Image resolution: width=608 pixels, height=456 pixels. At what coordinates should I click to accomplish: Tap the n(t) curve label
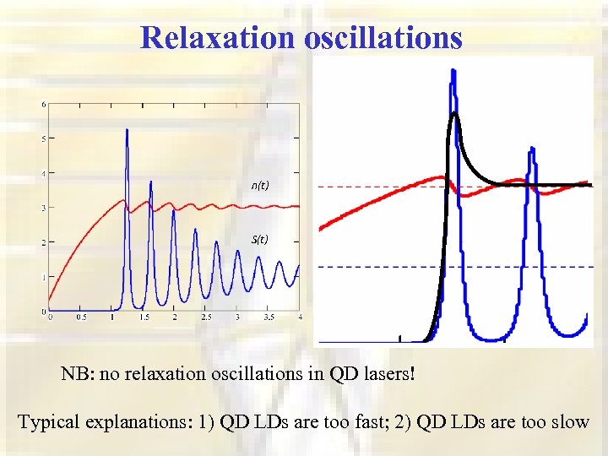[x=259, y=186]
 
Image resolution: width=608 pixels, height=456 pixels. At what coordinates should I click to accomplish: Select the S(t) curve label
[x=259, y=239]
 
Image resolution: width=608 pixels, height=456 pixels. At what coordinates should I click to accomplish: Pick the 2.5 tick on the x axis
[x=205, y=318]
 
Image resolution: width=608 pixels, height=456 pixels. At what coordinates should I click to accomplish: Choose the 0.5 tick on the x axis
[x=81, y=318]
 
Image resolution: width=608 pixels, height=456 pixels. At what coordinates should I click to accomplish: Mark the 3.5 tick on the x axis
[x=269, y=318]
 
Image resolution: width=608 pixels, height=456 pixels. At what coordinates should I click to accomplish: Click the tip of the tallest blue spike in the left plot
[x=127, y=130]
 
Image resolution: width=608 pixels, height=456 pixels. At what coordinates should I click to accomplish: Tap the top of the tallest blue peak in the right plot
[x=453, y=71]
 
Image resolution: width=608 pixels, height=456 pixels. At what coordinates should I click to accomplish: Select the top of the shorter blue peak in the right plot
[x=531, y=149]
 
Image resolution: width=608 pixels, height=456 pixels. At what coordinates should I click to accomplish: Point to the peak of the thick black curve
[x=455, y=113]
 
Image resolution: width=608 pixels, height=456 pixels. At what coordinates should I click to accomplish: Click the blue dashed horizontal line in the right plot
[x=380, y=267]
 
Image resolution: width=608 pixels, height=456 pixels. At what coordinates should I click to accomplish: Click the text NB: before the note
[x=78, y=374]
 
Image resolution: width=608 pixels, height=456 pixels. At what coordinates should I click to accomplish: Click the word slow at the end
[x=569, y=421]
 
